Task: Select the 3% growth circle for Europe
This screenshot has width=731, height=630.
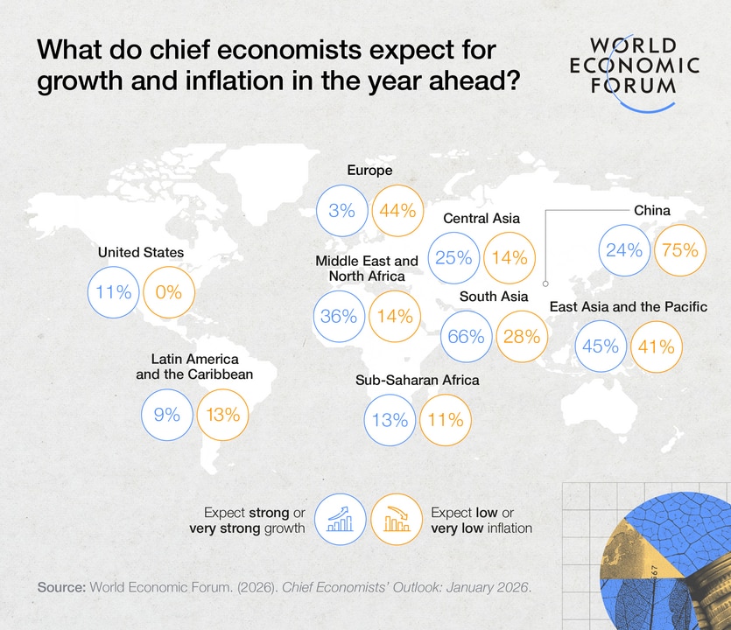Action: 343,210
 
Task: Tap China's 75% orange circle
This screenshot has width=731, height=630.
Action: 679,249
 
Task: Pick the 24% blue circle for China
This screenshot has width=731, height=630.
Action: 624,249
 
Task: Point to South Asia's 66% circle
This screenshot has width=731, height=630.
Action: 467,336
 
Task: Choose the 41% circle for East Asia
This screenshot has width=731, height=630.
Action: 656,346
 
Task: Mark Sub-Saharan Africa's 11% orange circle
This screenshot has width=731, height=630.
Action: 446,419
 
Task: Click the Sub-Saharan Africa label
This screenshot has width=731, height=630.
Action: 417,381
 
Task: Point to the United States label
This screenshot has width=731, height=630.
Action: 141,252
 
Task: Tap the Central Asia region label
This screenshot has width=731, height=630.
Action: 481,218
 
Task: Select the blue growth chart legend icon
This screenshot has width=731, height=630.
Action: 341,520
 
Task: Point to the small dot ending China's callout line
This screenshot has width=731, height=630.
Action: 545,283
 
